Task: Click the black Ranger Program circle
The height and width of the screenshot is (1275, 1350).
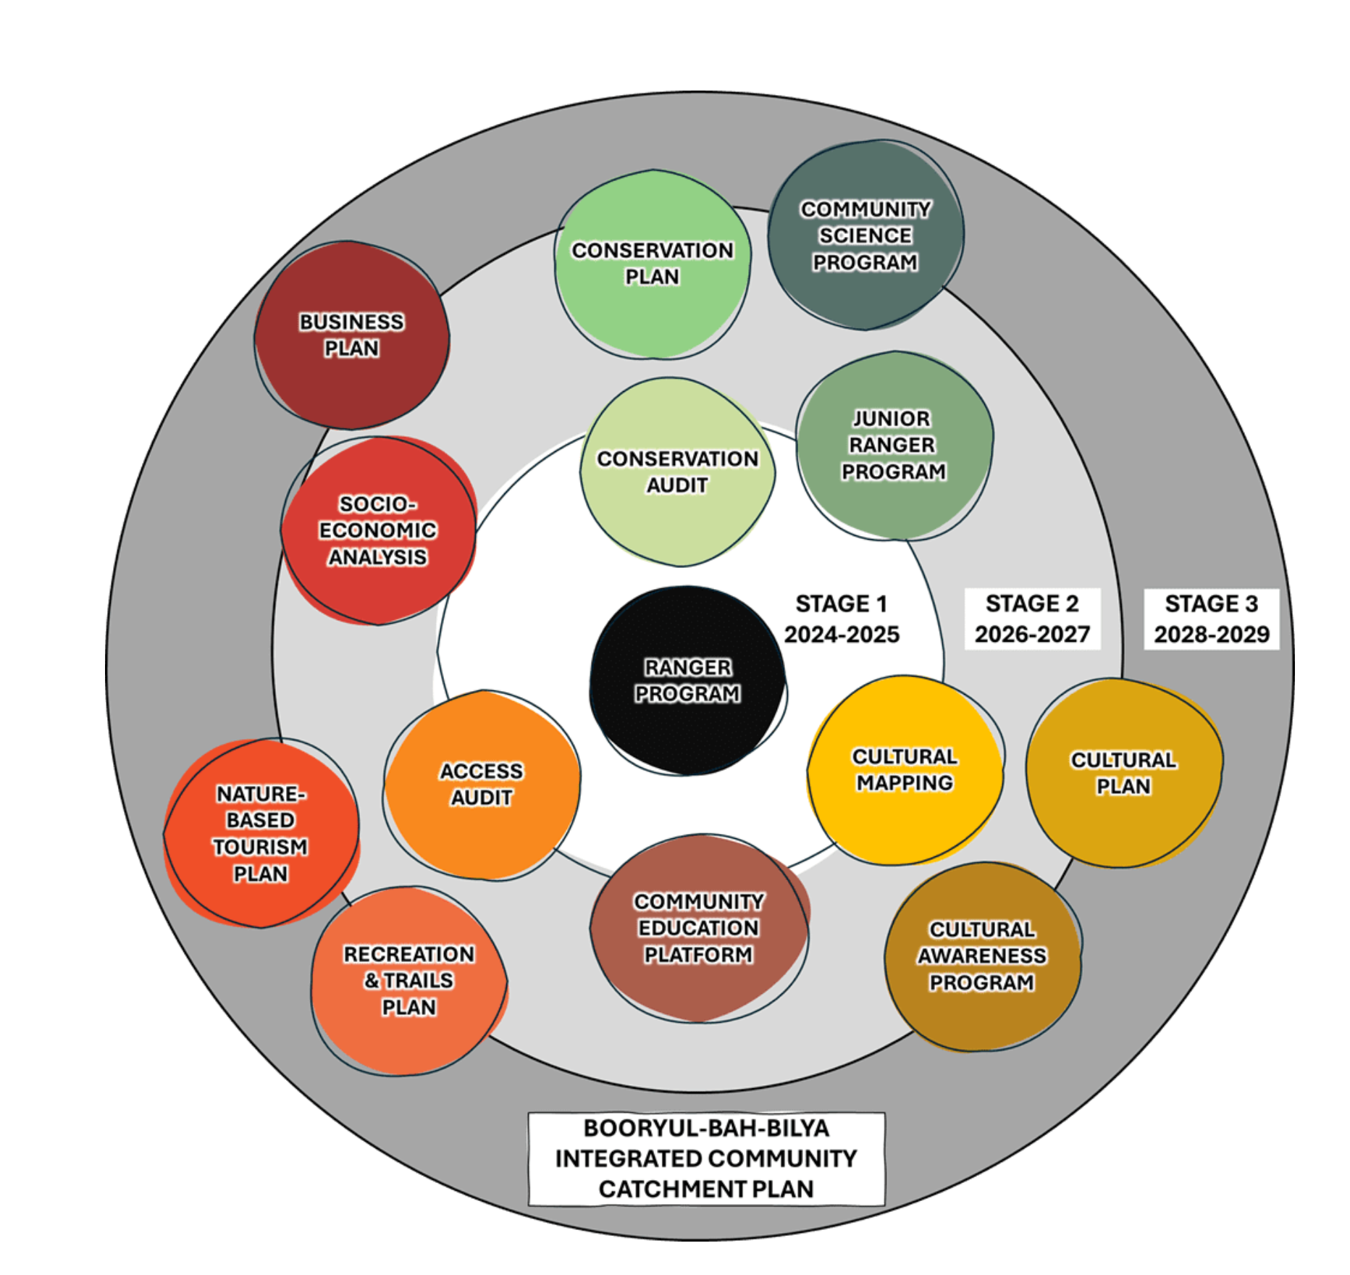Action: click(x=687, y=681)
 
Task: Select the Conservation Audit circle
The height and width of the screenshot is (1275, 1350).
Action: click(x=678, y=472)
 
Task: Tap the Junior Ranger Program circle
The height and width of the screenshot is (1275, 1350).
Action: click(x=894, y=446)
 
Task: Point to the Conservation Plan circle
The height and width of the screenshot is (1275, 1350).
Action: click(x=653, y=264)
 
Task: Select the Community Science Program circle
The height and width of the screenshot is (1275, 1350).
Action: click(x=865, y=235)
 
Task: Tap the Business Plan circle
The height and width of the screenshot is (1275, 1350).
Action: click(x=352, y=335)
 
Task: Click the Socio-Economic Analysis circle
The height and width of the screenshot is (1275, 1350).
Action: click(x=378, y=530)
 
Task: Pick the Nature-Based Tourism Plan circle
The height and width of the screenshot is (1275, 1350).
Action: click(x=261, y=833)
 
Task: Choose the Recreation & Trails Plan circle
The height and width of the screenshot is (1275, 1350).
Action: click(x=409, y=981)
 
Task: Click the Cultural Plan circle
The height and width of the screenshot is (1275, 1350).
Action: click(x=1123, y=772)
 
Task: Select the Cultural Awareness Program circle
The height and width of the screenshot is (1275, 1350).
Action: click(x=982, y=956)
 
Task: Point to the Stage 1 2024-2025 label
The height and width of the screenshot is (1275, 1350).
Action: click(x=842, y=619)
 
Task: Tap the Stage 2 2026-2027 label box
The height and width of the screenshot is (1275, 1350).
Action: click(x=1032, y=619)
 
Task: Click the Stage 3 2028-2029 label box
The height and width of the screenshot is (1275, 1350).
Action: click(x=1211, y=619)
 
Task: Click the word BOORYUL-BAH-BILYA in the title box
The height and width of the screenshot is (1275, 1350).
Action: click(x=706, y=1129)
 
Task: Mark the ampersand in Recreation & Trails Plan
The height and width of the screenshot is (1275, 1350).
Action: click(x=372, y=981)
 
